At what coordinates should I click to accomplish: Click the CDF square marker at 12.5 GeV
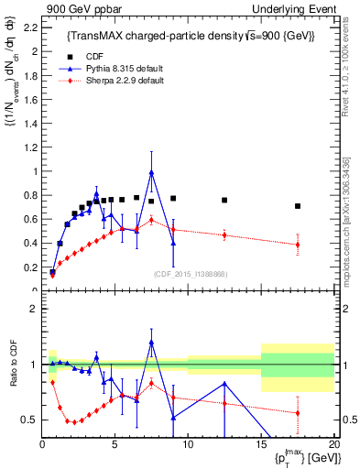coord(224,200)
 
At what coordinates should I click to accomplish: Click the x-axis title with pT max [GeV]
coord(302,457)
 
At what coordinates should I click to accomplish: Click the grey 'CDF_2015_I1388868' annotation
coord(190,274)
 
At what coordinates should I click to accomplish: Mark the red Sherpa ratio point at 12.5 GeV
coord(224,404)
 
